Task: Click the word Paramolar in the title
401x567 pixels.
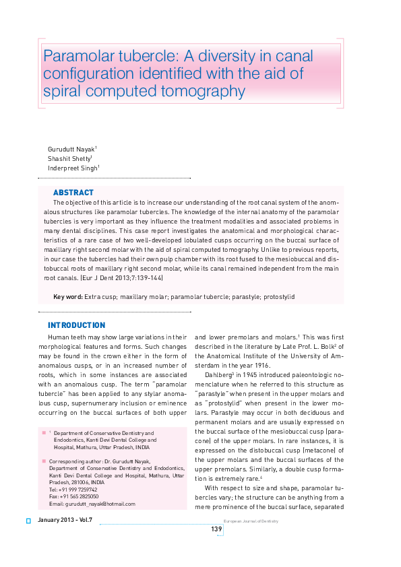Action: [72, 55]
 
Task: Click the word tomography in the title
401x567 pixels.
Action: [202, 90]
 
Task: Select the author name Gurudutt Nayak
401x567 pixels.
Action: [71, 148]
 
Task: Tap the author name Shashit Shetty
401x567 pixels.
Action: [69, 158]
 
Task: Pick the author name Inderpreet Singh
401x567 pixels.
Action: [72, 168]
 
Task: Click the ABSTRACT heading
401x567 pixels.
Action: [73, 193]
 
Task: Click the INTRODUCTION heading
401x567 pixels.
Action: [76, 325]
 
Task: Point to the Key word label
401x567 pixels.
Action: [67, 297]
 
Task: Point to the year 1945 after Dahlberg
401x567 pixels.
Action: [255, 373]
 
